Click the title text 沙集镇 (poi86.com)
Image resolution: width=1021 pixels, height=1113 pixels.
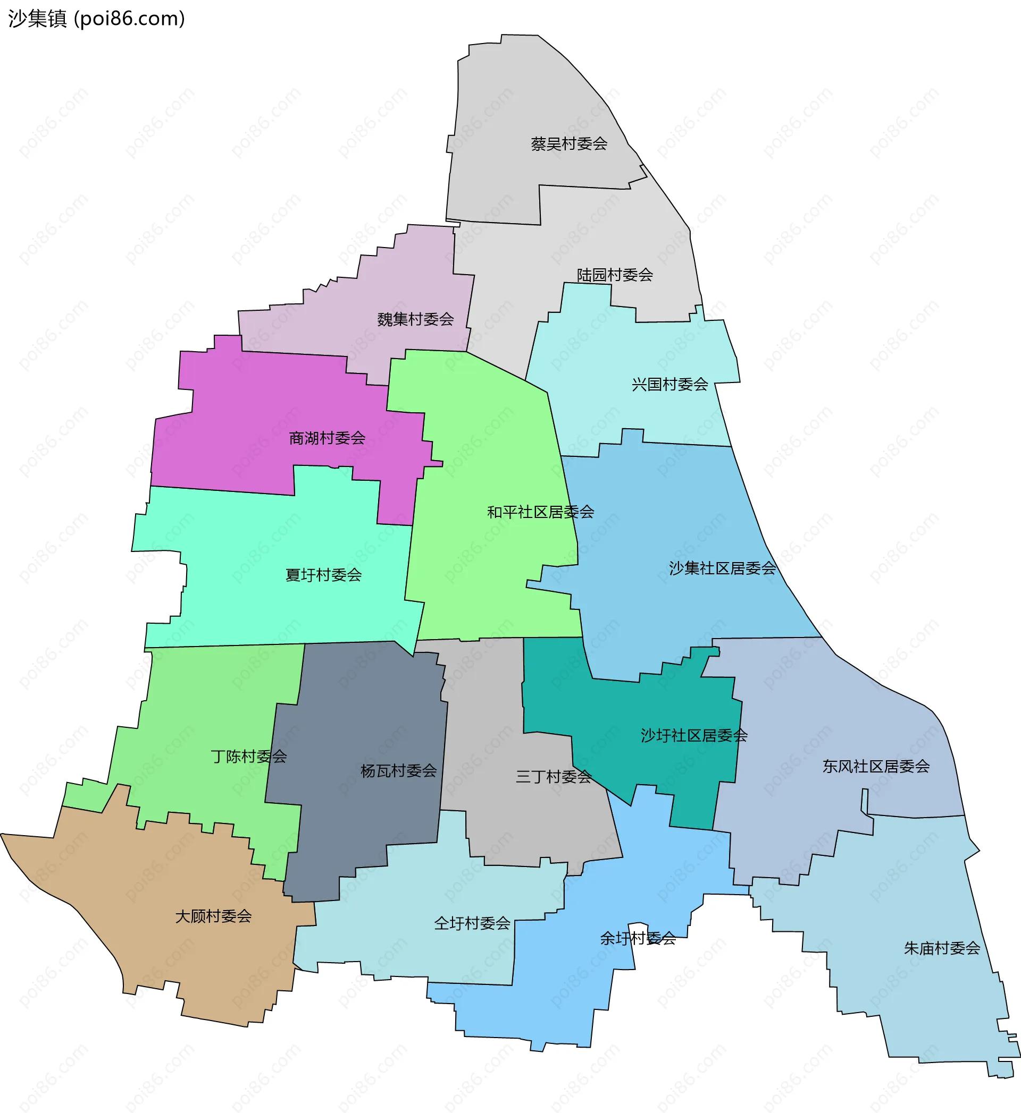point(97,19)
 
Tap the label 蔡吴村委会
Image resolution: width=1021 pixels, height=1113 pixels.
point(569,144)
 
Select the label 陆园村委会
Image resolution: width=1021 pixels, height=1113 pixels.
point(615,275)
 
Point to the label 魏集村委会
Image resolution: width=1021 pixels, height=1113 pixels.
point(415,319)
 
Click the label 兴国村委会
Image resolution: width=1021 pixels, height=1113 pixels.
point(669,384)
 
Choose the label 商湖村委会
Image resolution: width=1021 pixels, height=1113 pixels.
point(327,438)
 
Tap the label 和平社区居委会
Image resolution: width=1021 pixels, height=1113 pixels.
point(540,512)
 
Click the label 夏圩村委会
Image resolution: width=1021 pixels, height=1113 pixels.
point(323,575)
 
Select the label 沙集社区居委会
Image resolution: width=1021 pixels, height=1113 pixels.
point(722,568)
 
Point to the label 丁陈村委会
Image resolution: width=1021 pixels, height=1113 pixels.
point(249,757)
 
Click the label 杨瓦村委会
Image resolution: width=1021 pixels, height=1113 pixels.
point(398,771)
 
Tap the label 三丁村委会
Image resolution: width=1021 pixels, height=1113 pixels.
point(554,777)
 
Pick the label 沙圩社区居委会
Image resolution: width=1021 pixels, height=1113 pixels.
point(694,735)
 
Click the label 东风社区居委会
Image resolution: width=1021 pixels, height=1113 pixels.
point(876,766)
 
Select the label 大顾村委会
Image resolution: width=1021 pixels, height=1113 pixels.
point(213,916)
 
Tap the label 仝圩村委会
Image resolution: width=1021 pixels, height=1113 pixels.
point(472,923)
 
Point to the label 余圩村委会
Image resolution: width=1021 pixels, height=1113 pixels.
point(638,938)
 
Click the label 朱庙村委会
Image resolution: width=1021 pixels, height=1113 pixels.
point(942,948)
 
